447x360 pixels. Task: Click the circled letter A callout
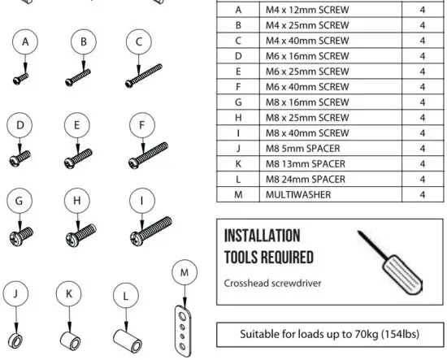click(27, 41)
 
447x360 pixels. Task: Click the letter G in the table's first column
click(238, 102)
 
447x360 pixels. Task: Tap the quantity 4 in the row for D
click(423, 56)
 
